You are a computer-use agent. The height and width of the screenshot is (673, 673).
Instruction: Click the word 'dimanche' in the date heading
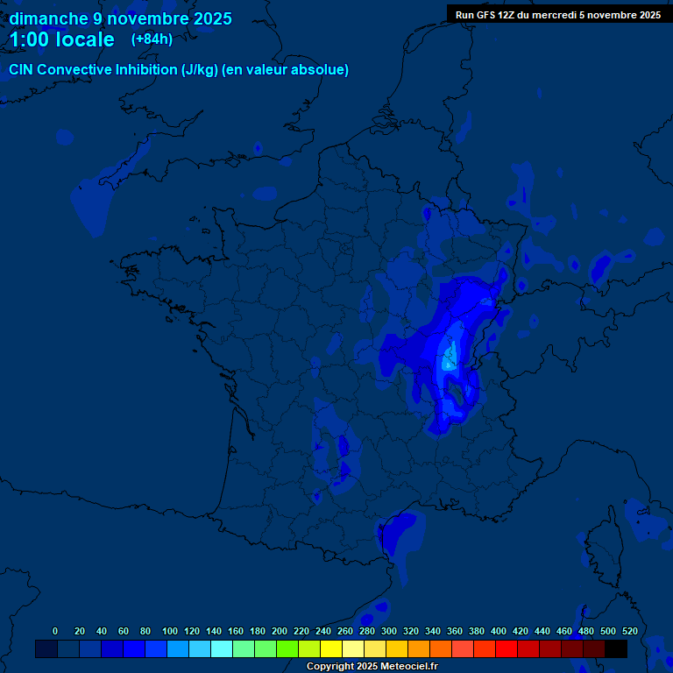click(48, 18)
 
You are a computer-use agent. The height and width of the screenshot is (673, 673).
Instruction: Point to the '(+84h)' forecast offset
click(152, 39)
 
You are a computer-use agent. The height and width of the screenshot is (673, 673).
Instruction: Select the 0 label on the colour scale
click(55, 631)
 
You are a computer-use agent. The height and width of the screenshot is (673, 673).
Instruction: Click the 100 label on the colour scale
click(170, 631)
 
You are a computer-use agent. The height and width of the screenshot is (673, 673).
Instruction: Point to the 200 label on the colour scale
click(280, 631)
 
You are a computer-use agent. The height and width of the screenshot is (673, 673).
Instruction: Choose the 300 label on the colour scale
click(389, 631)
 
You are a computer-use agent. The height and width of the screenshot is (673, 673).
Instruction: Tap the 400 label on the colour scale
click(499, 631)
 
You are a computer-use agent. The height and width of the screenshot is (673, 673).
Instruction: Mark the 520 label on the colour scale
click(629, 631)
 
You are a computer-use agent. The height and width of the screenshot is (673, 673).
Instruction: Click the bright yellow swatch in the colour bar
click(331, 648)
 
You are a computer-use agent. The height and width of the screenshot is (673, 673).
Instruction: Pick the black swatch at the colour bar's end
click(616, 648)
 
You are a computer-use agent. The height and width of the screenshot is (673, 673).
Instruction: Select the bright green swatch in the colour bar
click(287, 648)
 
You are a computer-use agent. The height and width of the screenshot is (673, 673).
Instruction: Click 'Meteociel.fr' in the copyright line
click(408, 667)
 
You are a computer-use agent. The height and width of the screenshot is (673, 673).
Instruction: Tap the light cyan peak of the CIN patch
click(450, 358)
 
